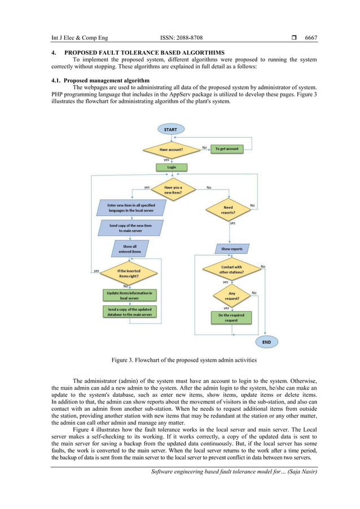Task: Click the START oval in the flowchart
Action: [x=170, y=129]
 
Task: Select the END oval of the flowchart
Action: [x=266, y=342]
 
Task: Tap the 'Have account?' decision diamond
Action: [x=170, y=150]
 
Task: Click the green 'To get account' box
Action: [x=227, y=149]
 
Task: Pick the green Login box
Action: [x=171, y=167]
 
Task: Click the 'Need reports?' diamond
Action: [x=228, y=210]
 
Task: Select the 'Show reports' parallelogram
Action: [x=232, y=248]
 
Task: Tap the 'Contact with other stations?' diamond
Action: [x=231, y=269]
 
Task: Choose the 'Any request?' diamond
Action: [x=231, y=295]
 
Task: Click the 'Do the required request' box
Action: [x=231, y=317]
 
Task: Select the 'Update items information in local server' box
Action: [x=129, y=295]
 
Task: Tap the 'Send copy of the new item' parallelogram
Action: [x=131, y=228]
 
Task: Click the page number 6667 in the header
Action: [x=311, y=38]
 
